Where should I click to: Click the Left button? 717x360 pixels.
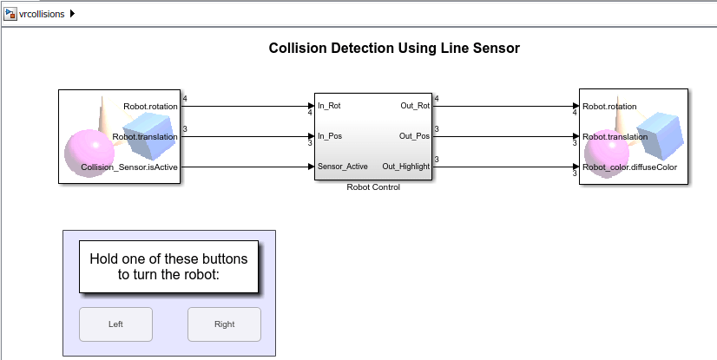click(x=115, y=324)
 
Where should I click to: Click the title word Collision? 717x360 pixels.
click(x=299, y=49)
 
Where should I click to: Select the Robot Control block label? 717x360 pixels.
click(x=373, y=187)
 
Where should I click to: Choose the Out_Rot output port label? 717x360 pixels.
click(x=414, y=106)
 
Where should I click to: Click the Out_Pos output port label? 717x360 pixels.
click(x=414, y=136)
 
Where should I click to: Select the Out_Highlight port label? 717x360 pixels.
click(x=405, y=166)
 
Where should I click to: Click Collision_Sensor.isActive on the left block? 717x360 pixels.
click(x=131, y=167)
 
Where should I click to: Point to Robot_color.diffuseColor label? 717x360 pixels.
click(x=629, y=167)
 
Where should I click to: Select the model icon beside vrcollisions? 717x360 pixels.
click(x=10, y=14)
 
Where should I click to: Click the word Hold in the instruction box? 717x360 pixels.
click(x=106, y=259)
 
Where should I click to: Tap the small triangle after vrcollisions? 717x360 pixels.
click(x=72, y=14)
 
